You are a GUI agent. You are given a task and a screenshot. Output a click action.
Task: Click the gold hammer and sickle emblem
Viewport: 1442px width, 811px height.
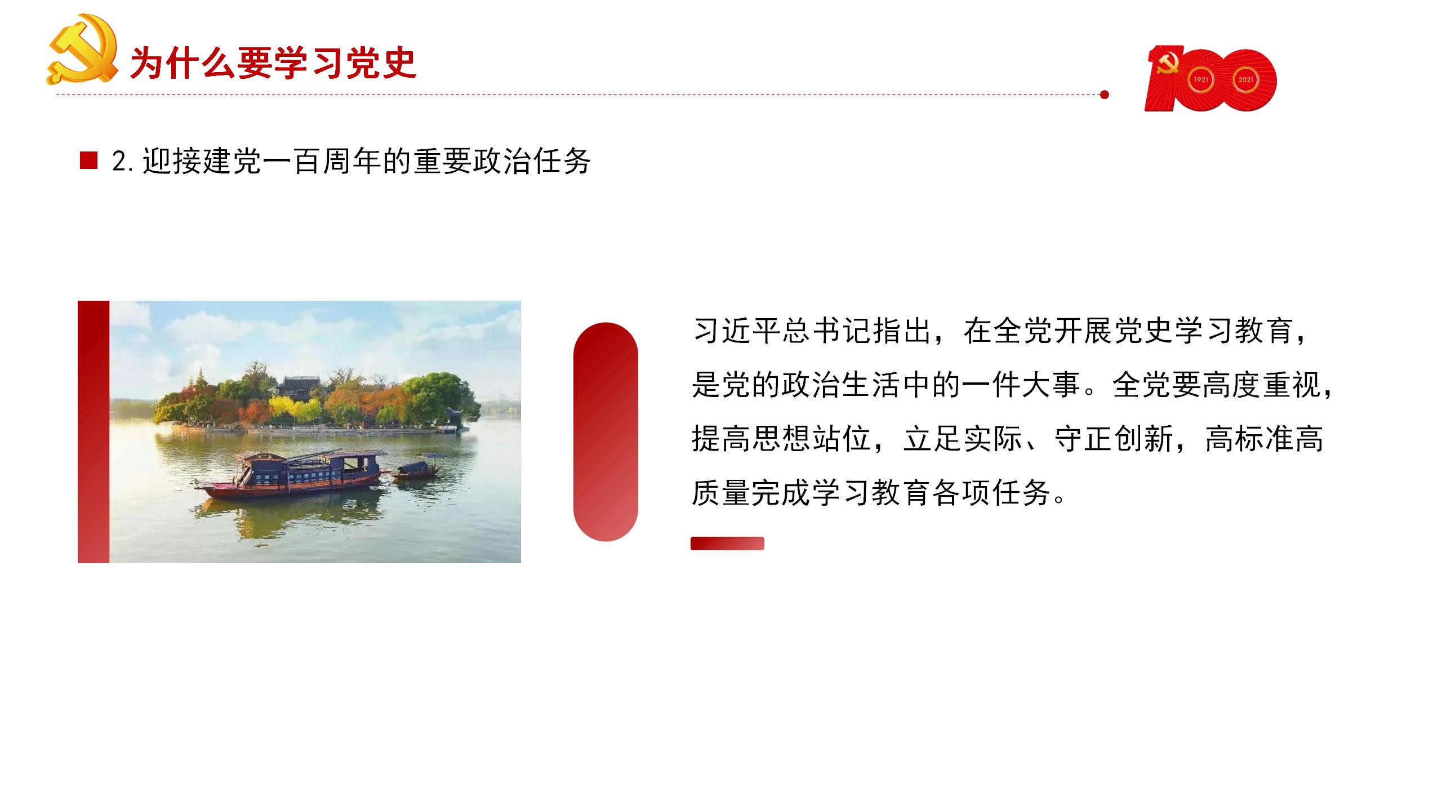(82, 50)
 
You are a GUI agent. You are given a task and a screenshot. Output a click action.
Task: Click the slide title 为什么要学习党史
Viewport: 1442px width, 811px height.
(273, 63)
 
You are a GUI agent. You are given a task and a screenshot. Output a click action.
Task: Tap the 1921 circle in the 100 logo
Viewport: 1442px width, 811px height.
(1201, 79)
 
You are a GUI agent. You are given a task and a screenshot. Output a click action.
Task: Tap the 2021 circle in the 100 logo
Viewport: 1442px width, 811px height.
(1245, 79)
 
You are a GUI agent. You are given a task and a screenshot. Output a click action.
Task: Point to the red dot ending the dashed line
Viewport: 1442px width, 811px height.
(1104, 95)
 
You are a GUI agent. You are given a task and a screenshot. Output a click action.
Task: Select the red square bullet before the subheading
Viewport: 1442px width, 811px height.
(89, 161)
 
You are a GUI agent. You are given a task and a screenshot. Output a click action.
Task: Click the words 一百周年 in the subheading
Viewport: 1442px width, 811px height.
(323, 161)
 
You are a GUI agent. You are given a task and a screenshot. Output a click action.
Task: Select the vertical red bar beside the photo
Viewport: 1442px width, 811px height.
(94, 432)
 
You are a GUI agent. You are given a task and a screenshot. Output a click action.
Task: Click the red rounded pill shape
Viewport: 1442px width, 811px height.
(606, 432)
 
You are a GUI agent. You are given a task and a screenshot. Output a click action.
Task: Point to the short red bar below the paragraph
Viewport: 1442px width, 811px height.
(727, 543)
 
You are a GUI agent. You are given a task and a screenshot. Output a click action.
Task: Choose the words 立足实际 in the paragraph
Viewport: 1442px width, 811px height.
(963, 439)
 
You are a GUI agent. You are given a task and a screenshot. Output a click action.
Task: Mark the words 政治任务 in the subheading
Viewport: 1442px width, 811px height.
(532, 161)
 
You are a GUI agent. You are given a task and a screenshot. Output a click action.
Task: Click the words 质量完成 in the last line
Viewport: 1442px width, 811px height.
(751, 493)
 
